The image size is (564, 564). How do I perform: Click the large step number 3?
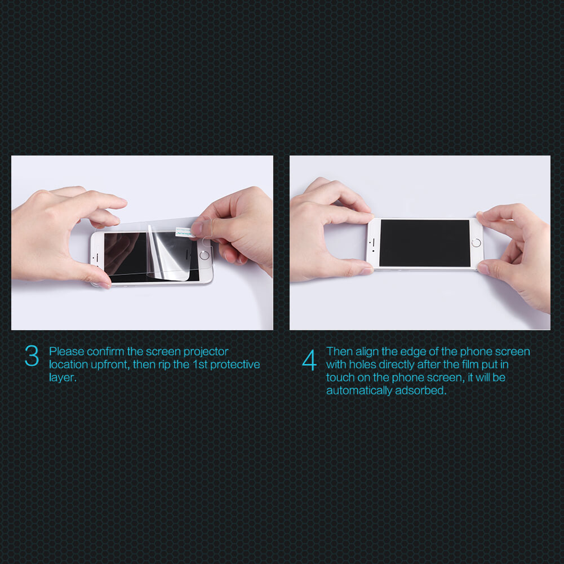click(32, 356)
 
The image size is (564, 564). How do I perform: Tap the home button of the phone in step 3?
click(205, 255)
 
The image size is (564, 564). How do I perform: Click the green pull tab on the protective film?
click(184, 232)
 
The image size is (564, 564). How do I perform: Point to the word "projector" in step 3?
click(206, 352)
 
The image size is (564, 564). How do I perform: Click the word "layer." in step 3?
click(63, 378)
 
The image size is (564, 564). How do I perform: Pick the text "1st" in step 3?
click(200, 365)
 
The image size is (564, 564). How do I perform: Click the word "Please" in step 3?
click(66, 352)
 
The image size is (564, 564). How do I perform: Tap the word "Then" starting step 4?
click(339, 352)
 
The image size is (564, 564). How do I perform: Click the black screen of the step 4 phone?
click(425, 243)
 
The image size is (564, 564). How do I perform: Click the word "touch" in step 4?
click(340, 378)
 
